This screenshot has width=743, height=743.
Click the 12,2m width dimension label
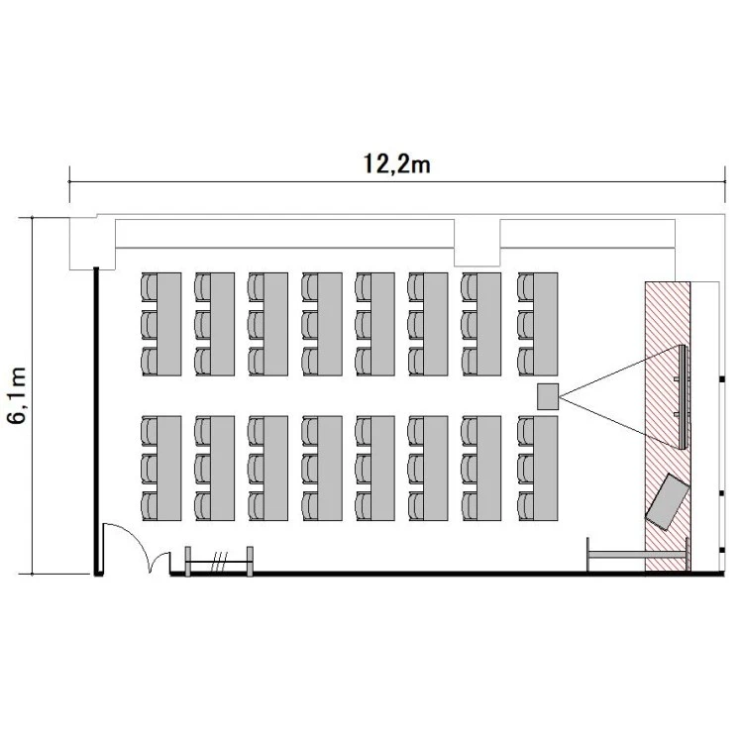click(x=397, y=163)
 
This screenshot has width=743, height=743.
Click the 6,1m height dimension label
click(x=17, y=395)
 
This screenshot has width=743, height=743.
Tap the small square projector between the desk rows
click(x=548, y=396)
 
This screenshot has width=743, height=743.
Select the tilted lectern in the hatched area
click(x=667, y=502)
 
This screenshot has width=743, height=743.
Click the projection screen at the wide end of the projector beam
click(x=683, y=397)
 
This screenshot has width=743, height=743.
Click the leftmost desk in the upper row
click(x=168, y=324)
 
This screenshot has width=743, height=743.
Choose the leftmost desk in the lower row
click(x=168, y=469)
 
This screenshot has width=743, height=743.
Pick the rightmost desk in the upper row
click(x=546, y=324)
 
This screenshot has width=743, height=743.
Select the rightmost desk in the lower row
click(x=546, y=469)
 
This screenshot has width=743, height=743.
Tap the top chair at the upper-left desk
click(x=149, y=286)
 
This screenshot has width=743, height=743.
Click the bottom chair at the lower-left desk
click(x=149, y=506)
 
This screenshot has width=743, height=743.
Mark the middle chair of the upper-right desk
click(x=525, y=325)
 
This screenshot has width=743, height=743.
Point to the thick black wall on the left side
click(x=96, y=421)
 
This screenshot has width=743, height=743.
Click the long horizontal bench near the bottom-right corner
click(x=637, y=555)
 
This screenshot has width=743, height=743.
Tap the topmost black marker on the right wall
click(x=722, y=379)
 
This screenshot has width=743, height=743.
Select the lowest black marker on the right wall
click(x=722, y=550)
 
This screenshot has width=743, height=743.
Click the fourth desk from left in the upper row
click(x=330, y=324)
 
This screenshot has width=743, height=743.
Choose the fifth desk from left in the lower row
click(x=382, y=469)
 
